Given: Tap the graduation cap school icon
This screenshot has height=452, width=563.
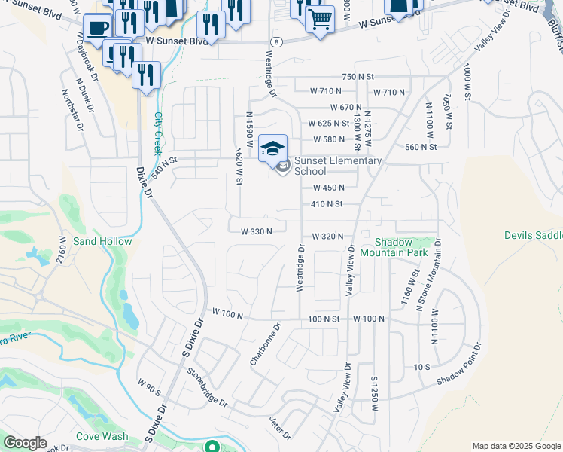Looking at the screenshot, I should pos(272,147).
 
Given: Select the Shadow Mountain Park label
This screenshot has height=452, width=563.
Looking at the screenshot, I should pos(402,247).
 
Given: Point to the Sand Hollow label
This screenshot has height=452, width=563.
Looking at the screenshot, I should pos(102,242).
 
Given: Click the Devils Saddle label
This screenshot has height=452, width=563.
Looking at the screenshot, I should pos(533,236).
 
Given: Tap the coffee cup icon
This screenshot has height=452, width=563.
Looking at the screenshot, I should pos(98,29).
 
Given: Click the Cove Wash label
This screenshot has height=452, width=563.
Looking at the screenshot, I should pos(102,436).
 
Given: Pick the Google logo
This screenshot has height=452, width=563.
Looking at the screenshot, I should pos(24,443).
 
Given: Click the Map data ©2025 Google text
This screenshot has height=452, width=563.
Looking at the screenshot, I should pos(516,446).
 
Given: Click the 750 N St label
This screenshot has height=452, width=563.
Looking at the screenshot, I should pos(358,77).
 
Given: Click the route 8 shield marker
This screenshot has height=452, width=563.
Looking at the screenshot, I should pos(277,42).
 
